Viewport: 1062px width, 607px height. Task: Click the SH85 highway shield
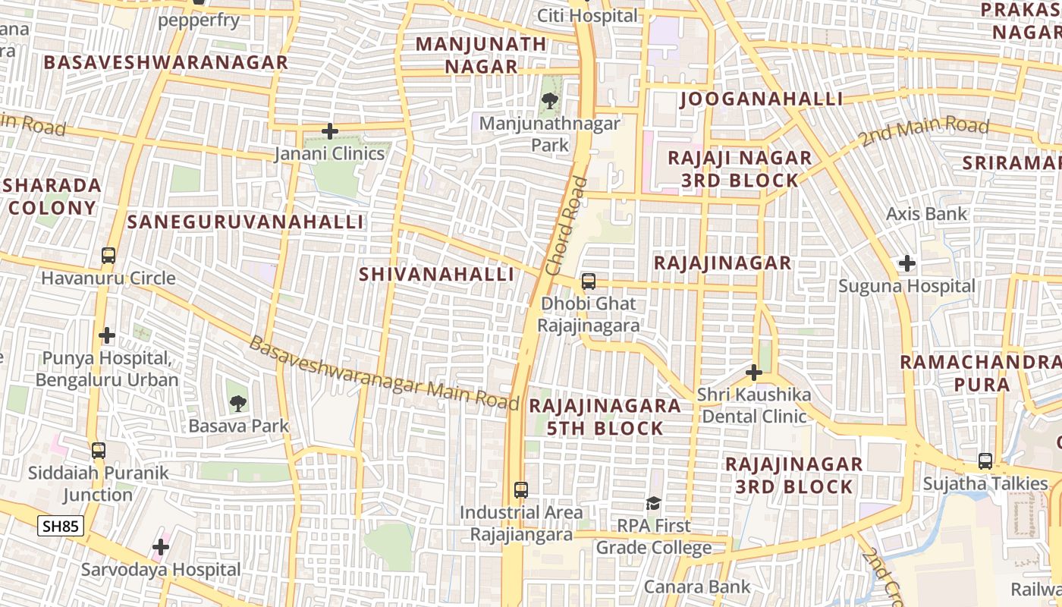pos(61,526)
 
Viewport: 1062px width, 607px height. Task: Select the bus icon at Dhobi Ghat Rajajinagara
pos(589,281)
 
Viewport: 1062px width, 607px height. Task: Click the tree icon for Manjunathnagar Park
pos(550,100)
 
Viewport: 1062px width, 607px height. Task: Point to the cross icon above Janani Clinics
pos(329,131)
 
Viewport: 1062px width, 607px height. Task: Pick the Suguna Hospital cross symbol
pos(906,264)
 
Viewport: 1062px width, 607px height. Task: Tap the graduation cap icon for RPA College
pos(653,503)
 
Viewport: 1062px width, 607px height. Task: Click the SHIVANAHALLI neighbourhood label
pos(437,274)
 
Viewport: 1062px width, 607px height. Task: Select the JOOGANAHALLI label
pos(761,99)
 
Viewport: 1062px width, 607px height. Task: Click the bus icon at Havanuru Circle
pos(108,256)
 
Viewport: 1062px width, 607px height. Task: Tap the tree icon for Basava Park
pos(238,403)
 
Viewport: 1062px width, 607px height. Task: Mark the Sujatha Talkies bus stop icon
pos(985,461)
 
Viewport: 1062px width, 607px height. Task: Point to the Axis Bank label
pos(927,214)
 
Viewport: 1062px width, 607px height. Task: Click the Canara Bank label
pos(697,587)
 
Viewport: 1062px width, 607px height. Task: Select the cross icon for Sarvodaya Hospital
pos(161,546)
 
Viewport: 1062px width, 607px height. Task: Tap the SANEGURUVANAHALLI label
pos(246,222)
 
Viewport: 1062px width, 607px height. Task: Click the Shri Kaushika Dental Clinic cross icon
pos(753,373)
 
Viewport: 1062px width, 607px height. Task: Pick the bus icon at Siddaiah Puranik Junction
pos(99,451)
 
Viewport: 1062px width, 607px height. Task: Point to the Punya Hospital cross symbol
pos(107,335)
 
